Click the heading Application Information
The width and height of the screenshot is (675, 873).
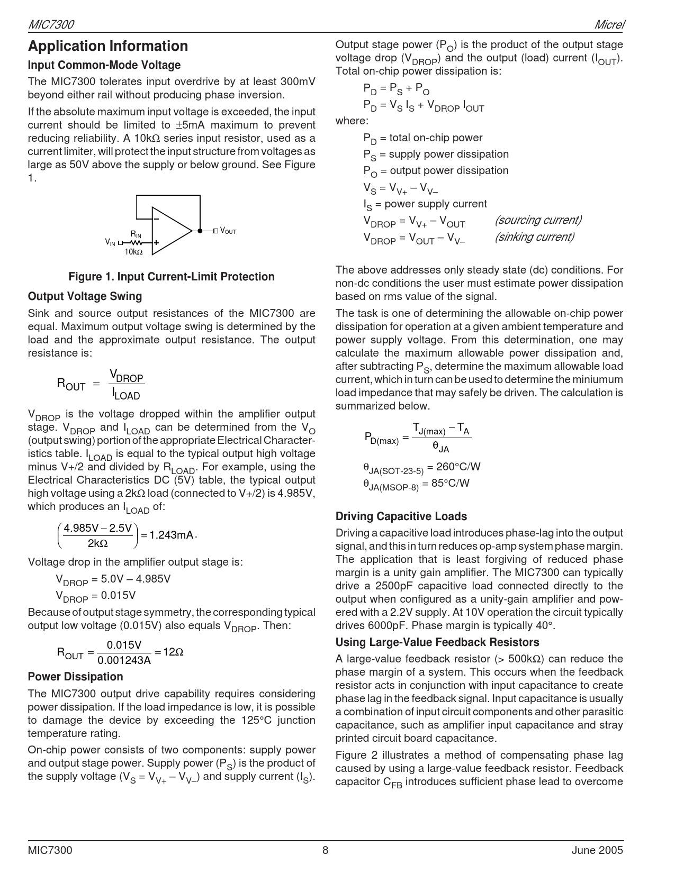click(x=108, y=47)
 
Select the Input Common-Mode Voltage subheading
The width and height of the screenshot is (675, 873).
click(x=104, y=65)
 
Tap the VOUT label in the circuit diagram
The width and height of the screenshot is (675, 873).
click(x=228, y=231)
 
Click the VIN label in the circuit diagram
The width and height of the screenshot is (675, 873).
click(x=110, y=242)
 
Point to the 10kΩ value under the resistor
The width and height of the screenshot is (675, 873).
click(x=133, y=252)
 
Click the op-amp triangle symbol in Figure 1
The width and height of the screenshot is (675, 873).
click(x=169, y=231)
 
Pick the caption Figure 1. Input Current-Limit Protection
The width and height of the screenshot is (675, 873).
click(x=172, y=277)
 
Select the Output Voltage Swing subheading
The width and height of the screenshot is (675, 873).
click(x=85, y=296)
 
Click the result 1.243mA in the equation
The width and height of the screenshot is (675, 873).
click(x=172, y=535)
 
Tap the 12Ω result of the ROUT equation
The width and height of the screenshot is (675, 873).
click(x=173, y=652)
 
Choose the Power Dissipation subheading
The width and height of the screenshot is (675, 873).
click(x=75, y=677)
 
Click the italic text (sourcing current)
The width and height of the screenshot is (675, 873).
click(x=538, y=220)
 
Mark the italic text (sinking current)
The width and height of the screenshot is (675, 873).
click(x=534, y=237)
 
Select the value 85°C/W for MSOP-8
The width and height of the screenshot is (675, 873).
click(x=450, y=483)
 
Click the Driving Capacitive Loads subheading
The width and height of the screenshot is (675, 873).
click(x=401, y=516)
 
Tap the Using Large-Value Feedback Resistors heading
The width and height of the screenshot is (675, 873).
click(x=437, y=642)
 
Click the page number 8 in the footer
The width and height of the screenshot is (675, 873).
click(x=326, y=850)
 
